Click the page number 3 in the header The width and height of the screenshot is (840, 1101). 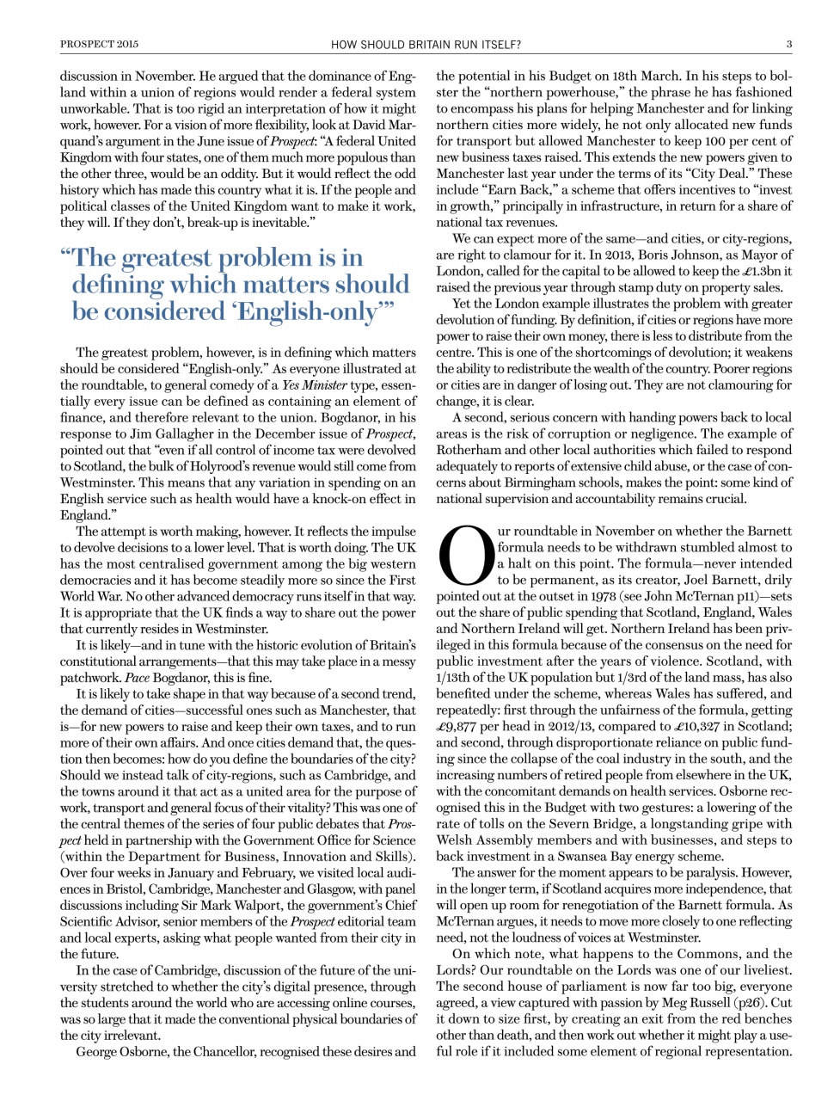tap(788, 44)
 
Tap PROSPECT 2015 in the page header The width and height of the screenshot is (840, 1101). tap(99, 44)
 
